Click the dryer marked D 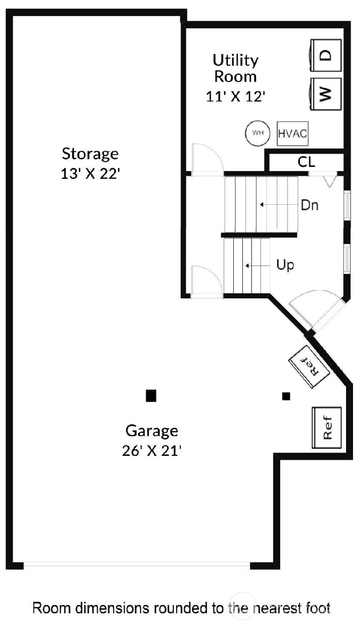(326, 55)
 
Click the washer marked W (326, 94)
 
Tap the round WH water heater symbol (258, 133)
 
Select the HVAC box (293, 133)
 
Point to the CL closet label (306, 162)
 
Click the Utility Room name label (236, 68)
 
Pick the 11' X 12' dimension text (236, 97)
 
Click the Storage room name (90, 154)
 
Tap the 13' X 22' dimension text (90, 174)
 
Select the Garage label (151, 431)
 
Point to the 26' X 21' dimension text (151, 451)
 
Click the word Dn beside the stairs (310, 205)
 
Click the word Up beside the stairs (285, 264)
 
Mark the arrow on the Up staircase (257, 265)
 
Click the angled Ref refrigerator (310, 366)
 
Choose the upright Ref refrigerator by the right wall (327, 427)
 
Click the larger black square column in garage (151, 395)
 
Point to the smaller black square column (286, 396)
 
